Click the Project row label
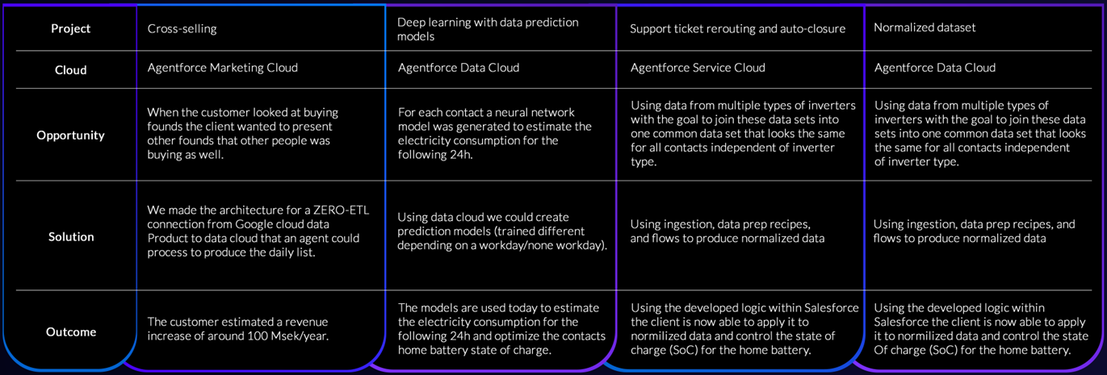click(x=71, y=28)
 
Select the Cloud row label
click(x=71, y=70)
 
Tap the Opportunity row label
click(x=71, y=135)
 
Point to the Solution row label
click(x=71, y=237)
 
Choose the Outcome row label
click(x=71, y=332)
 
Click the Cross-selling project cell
click(x=182, y=28)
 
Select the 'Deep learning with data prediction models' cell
click(x=488, y=29)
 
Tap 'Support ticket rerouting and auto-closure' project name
click(x=737, y=28)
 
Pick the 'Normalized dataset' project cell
click(x=925, y=27)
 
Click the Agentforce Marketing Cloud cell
click(x=222, y=68)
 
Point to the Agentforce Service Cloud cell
click(x=698, y=68)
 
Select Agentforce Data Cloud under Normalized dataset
click(x=935, y=68)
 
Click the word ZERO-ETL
click(x=341, y=210)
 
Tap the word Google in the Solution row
click(x=257, y=224)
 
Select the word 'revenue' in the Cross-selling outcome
click(x=306, y=323)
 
